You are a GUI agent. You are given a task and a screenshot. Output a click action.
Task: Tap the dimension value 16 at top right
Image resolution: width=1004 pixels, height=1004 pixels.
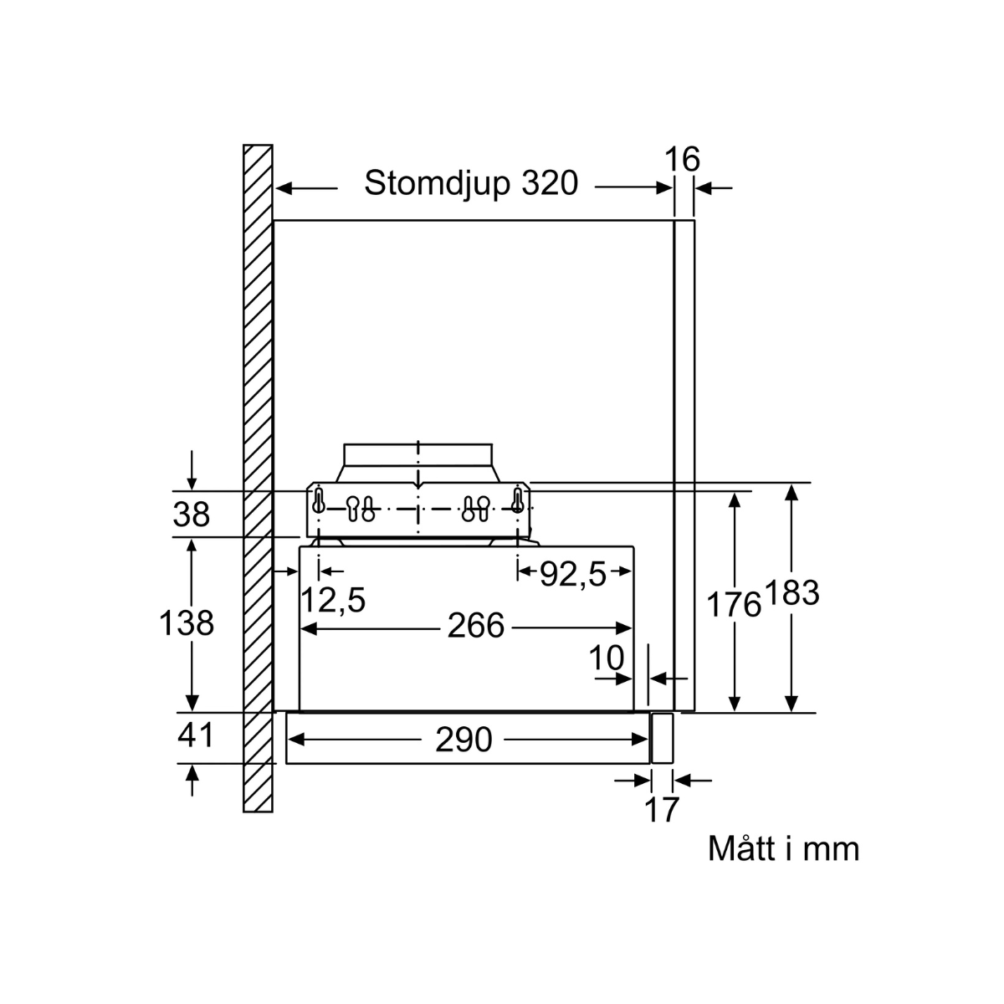coord(682,159)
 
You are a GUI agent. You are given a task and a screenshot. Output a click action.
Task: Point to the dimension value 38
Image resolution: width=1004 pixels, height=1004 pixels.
coord(191,515)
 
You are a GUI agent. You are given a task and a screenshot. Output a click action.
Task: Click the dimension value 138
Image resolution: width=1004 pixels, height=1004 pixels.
coord(187,623)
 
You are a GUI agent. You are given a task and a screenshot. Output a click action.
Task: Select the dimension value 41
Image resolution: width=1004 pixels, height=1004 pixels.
coord(196,735)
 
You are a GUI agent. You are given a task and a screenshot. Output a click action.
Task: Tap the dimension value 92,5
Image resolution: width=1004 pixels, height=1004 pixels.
coord(572,573)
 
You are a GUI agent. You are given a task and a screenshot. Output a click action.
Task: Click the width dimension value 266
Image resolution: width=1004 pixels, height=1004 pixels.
coord(475,626)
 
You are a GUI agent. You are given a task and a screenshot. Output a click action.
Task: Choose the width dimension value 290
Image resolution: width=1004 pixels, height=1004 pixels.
coord(464,740)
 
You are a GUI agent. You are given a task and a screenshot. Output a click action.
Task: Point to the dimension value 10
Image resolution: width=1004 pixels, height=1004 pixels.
coord(606,659)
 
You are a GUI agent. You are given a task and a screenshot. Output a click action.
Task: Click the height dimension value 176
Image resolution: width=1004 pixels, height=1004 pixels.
coord(734,603)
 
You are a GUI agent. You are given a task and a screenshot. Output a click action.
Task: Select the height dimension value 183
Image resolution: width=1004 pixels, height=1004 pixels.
coord(791,593)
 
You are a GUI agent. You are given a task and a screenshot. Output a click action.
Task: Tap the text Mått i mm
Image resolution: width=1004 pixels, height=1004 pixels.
coord(783,848)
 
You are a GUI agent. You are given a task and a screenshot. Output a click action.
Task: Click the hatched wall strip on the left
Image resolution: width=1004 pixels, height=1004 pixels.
coord(258,477)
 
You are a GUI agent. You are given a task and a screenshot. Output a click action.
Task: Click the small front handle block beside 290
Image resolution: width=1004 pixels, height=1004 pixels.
coord(662,738)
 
